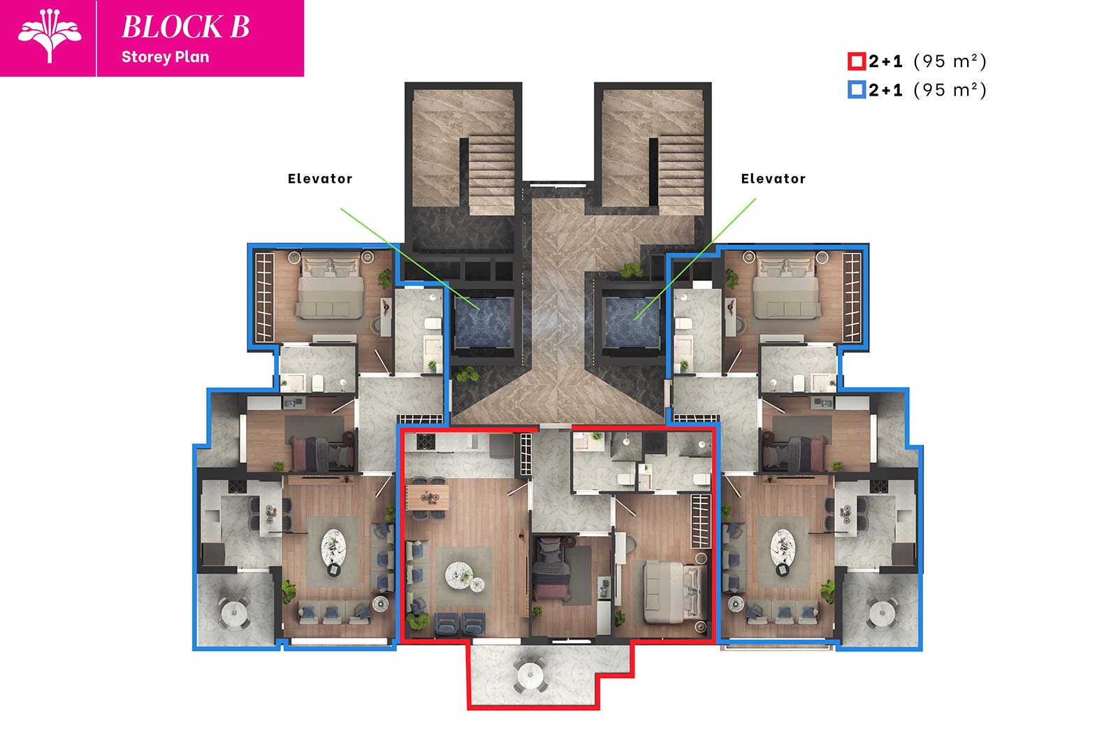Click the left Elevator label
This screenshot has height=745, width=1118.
[320, 179]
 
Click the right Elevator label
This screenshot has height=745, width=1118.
[773, 179]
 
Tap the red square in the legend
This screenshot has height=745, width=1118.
[857, 61]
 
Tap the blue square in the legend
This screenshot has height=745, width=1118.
[857, 90]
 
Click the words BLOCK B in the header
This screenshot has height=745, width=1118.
[186, 27]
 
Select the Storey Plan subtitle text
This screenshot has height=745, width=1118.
[165, 57]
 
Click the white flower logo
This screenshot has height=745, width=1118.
[50, 36]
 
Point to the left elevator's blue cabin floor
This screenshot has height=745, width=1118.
[483, 322]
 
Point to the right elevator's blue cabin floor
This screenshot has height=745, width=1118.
[631, 322]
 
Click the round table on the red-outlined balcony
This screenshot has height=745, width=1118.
[530, 675]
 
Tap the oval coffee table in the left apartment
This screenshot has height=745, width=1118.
[333, 547]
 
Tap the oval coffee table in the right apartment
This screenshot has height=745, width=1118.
[783, 547]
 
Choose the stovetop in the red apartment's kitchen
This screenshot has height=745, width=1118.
[426, 441]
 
